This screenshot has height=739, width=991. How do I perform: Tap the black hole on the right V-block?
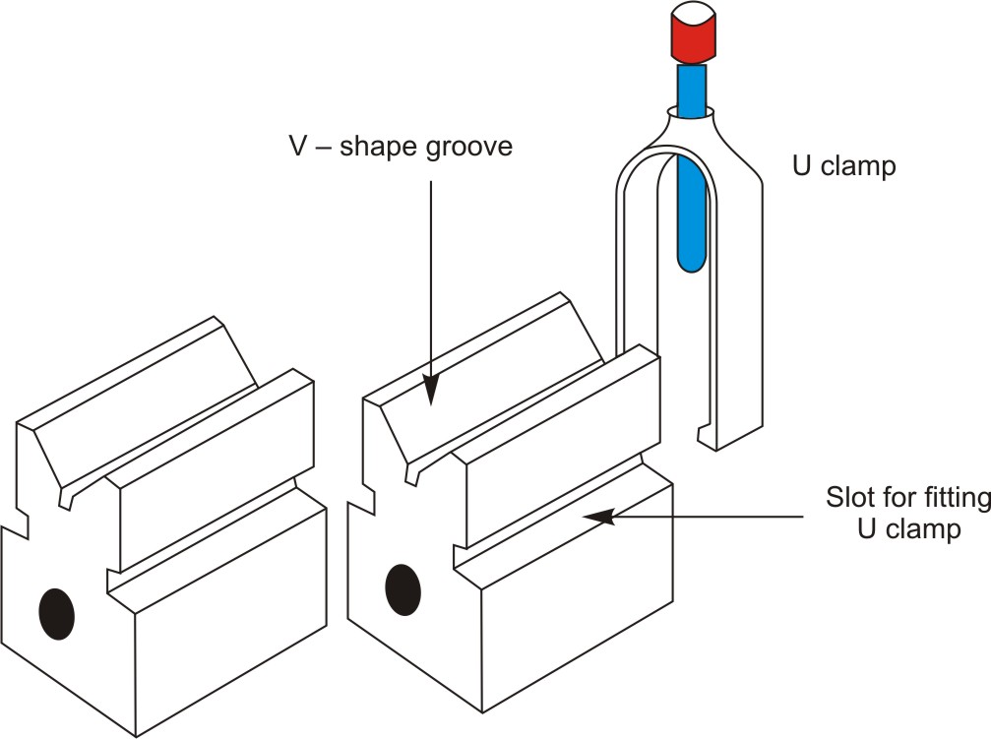coord(403,589)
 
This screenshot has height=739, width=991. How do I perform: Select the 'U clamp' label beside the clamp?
coord(844,166)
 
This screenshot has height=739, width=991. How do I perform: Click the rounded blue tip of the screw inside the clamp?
coord(693,258)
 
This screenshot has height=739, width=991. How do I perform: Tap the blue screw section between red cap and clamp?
coord(692,88)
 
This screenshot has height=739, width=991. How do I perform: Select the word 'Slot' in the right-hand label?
coord(848,498)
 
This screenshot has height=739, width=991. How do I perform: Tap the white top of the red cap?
coord(693,17)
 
